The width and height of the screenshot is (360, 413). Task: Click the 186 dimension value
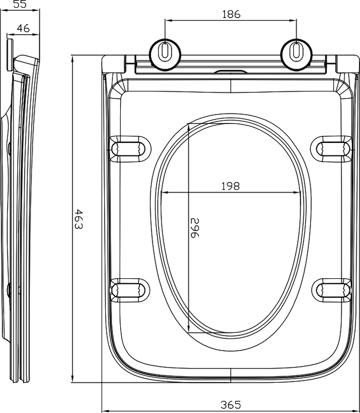pyautogui.click(x=231, y=14)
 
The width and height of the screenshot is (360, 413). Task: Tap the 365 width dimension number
pyautogui.click(x=230, y=404)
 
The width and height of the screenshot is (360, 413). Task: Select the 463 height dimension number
pyautogui.click(x=78, y=219)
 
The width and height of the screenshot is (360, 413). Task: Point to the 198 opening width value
pyautogui.click(x=230, y=186)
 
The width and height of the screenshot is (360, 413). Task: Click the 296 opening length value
pyautogui.click(x=195, y=228)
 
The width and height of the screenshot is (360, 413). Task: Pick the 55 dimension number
pyautogui.click(x=20, y=4)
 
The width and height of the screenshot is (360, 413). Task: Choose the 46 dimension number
pyautogui.click(x=23, y=28)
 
